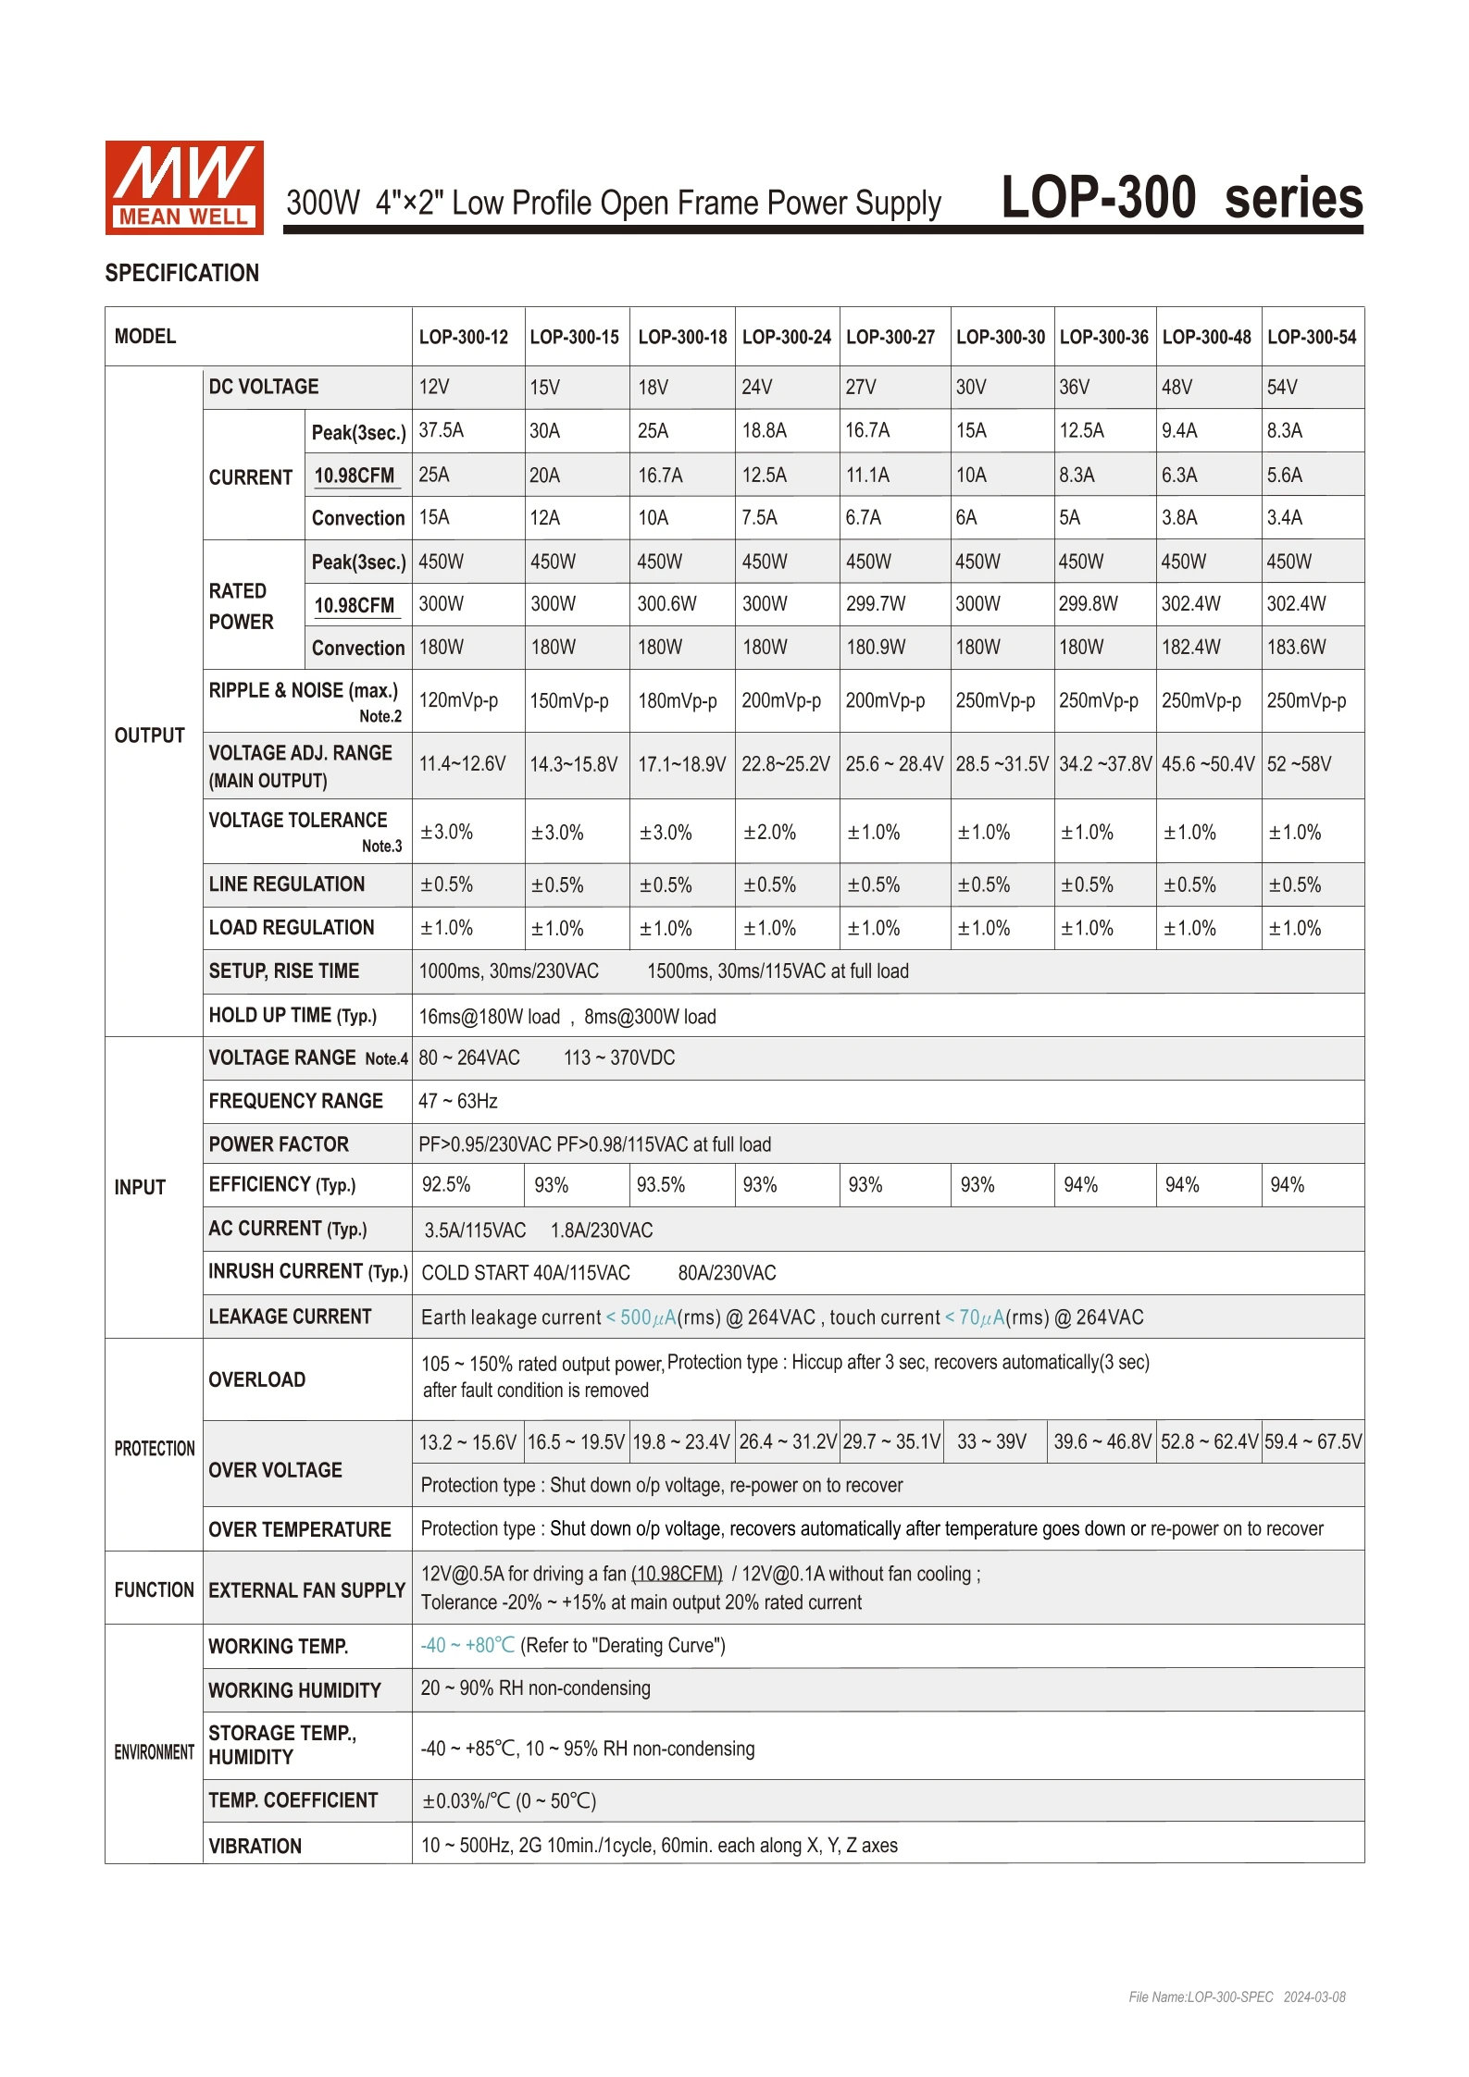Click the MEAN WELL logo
pyautogui.click(x=184, y=187)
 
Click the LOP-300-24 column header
pyautogui.click(x=786, y=338)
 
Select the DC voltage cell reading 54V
pyautogui.click(x=1282, y=388)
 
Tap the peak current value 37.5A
pyautogui.click(x=442, y=431)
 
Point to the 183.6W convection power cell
pyautogui.click(x=1296, y=648)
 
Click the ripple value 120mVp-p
pyautogui.click(x=458, y=701)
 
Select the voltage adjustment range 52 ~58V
pyautogui.click(x=1299, y=765)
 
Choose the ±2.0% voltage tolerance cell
pyautogui.click(x=769, y=833)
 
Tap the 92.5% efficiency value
pyautogui.click(x=446, y=1185)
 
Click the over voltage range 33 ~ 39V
pyautogui.click(x=991, y=1442)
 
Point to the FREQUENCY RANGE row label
pyautogui.click(x=295, y=1102)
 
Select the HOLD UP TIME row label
pyautogui.click(x=293, y=1016)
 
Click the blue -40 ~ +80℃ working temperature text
pyautogui.click(x=467, y=1646)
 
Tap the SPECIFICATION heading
pyautogui.click(x=181, y=274)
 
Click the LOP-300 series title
pyautogui.click(x=1181, y=198)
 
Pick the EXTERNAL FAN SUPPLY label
pyautogui.click(x=306, y=1590)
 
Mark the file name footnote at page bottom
pyautogui.click(x=1237, y=1997)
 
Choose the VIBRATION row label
pyautogui.click(x=255, y=1847)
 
